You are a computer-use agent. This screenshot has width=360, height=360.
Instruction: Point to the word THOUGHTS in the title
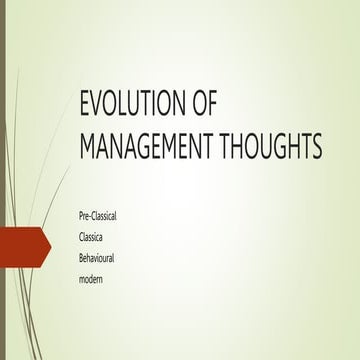pyautogui.click(x=277, y=147)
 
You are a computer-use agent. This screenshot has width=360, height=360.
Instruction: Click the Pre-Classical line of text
pyautogui.click(x=104, y=216)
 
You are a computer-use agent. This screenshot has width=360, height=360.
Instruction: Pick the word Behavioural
pyautogui.click(x=102, y=256)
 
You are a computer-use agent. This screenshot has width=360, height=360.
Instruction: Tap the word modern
pyautogui.click(x=92, y=276)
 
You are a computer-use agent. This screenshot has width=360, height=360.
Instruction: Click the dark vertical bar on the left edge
pyautogui.click(x=3, y=180)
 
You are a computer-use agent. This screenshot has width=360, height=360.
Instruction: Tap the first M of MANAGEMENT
pyautogui.click(x=88, y=147)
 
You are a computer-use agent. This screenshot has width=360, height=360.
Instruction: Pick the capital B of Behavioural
pyautogui.click(x=82, y=256)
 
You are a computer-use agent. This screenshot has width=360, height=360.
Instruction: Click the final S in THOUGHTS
pyautogui.click(x=316, y=147)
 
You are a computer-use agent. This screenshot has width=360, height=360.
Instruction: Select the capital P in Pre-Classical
pyautogui.click(x=82, y=216)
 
